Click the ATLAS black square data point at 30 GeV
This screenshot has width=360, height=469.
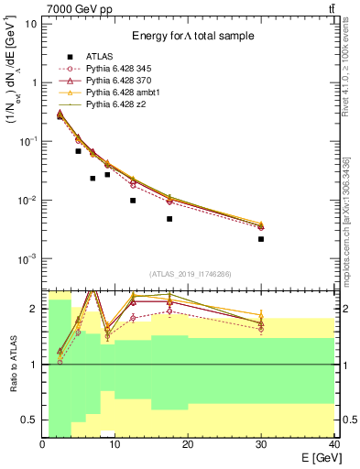(261, 239)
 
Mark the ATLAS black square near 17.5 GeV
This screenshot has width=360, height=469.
(169, 219)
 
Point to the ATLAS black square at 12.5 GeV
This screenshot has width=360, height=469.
(133, 201)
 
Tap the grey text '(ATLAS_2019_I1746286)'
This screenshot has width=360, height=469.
(189, 274)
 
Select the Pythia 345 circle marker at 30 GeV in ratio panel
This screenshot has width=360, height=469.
(261, 329)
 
